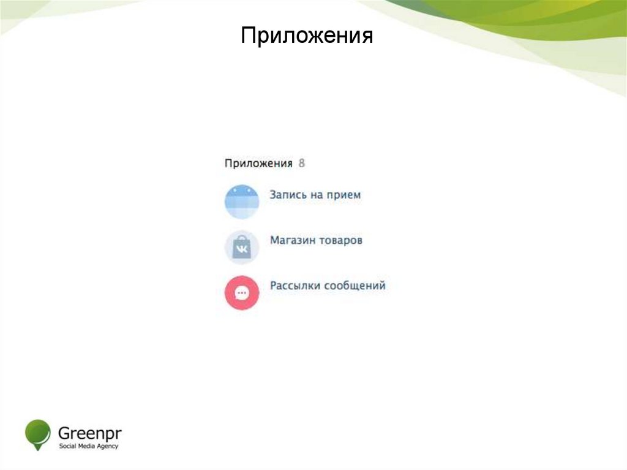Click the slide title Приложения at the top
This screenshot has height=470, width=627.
click(307, 36)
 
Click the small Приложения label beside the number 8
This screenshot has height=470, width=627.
click(258, 164)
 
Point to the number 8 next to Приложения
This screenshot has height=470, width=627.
click(301, 164)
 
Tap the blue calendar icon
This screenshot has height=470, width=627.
click(242, 202)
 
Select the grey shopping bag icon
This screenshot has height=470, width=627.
click(242, 247)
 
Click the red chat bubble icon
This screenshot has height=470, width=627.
click(242, 292)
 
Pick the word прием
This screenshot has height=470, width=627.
click(346, 195)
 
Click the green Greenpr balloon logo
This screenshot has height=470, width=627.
click(37, 434)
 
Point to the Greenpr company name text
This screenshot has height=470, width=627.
click(89, 431)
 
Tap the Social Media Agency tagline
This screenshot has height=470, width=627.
click(88, 446)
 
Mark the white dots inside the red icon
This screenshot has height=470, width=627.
click(242, 292)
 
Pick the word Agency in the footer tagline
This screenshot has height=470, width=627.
click(108, 446)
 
